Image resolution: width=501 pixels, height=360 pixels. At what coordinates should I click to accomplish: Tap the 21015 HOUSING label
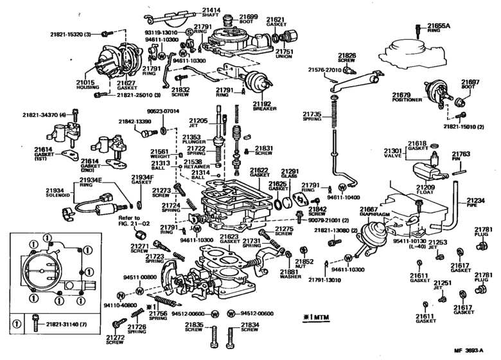point(85,86)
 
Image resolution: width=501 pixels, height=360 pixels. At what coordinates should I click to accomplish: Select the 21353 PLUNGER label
point(191,140)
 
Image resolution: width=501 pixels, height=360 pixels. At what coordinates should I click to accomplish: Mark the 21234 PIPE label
point(475,204)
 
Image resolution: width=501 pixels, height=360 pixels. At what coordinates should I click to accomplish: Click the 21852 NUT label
point(304,265)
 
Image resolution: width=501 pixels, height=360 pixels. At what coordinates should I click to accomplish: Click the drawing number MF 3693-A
point(477,350)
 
